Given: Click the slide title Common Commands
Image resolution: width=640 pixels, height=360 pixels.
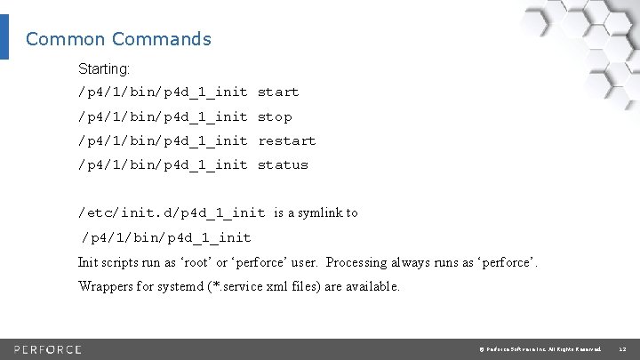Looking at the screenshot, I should (x=118, y=39).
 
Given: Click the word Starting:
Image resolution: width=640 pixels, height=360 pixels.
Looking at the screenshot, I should (x=104, y=68).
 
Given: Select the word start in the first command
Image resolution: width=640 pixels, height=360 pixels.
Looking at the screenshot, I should (x=278, y=92).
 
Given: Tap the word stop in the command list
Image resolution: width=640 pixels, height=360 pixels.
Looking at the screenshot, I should (x=275, y=117).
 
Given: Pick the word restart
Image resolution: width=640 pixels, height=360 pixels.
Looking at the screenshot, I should (x=286, y=141).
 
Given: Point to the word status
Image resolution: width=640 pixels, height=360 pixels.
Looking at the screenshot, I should (x=283, y=165).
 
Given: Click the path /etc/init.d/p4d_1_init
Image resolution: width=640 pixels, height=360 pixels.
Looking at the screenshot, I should (x=172, y=212).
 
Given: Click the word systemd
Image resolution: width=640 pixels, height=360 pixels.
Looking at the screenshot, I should (x=201, y=287).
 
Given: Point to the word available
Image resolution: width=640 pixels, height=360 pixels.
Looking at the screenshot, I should (x=371, y=287).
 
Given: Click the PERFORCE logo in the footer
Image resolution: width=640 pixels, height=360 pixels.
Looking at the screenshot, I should (x=48, y=348).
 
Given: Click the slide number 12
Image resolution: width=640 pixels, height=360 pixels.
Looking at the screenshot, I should (x=622, y=348).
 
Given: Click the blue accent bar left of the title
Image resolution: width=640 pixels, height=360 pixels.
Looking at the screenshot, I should (x=4, y=38).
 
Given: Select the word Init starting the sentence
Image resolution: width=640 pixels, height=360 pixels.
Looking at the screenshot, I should (x=88, y=263).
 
